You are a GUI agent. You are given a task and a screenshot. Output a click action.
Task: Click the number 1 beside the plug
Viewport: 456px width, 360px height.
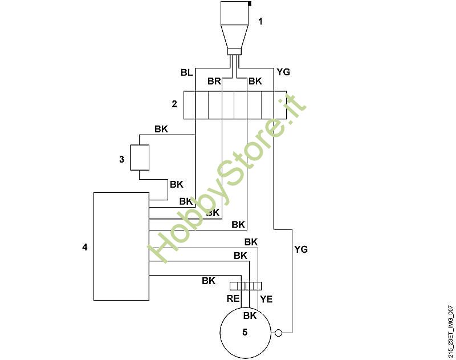pyautogui.click(x=260, y=22)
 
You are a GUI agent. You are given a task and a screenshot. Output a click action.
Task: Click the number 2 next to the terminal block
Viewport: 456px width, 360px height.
pyautogui.click(x=174, y=104)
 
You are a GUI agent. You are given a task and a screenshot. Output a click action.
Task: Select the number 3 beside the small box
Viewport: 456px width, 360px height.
pyautogui.click(x=121, y=159)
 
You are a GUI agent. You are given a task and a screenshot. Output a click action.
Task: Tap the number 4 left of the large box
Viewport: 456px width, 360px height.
pyautogui.click(x=85, y=247)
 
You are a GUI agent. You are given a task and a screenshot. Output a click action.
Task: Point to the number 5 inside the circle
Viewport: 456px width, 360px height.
pyautogui.click(x=245, y=333)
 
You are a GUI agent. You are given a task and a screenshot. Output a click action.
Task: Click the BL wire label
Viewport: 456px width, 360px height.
pyautogui.click(x=186, y=72)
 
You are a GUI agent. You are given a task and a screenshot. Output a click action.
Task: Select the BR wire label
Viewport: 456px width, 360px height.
pyautogui.click(x=214, y=82)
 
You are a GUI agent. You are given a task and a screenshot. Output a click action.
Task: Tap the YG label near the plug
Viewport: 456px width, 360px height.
pyautogui.click(x=283, y=72)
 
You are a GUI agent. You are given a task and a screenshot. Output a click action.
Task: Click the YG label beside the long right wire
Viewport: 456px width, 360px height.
pyautogui.click(x=301, y=249)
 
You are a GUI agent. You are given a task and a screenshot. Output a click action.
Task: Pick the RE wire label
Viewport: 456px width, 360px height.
pyautogui.click(x=233, y=298)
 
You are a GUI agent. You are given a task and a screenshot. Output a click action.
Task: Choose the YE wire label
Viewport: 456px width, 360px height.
pyautogui.click(x=266, y=298)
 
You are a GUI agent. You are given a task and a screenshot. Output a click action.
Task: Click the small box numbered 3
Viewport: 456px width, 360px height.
pyautogui.click(x=140, y=157)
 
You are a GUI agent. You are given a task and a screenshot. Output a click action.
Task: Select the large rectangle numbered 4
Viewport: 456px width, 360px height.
pyautogui.click(x=121, y=246)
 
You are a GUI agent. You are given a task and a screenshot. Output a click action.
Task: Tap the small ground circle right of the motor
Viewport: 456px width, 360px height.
pyautogui.click(x=278, y=333)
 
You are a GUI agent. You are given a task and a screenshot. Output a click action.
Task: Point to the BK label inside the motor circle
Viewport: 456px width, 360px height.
pyautogui.click(x=250, y=315)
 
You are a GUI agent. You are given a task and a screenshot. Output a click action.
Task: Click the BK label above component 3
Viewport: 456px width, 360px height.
pyautogui.click(x=161, y=130)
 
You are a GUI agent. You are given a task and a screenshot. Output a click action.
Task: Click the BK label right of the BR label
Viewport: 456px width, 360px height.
pyautogui.click(x=255, y=82)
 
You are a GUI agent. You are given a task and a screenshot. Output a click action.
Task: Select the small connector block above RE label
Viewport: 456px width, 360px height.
pyautogui.click(x=246, y=286)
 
